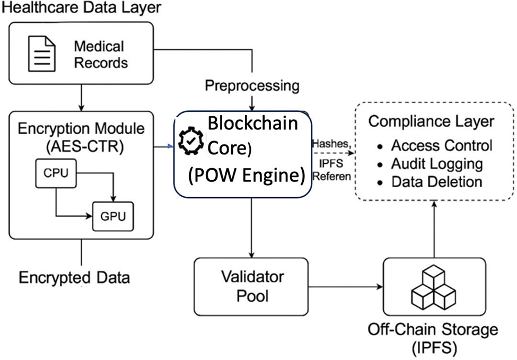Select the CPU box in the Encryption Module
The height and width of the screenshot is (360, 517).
tap(56, 173)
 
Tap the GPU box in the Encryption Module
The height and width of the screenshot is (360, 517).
tap(113, 216)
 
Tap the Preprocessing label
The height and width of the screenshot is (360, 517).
tap(252, 85)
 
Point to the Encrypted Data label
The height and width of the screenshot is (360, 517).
tap(75, 277)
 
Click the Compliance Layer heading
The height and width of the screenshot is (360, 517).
tap(431, 121)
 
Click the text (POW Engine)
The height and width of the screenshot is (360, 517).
tap(247, 177)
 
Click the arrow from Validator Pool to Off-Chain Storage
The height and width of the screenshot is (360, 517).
tap(345, 288)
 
